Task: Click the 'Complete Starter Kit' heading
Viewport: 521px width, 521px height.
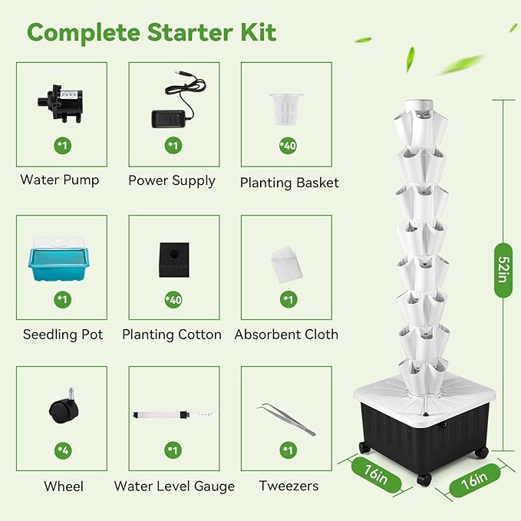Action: click(152, 32)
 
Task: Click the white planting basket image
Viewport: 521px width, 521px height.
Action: click(285, 107)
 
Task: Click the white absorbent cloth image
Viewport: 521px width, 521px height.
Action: click(286, 259)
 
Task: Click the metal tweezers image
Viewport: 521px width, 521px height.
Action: click(287, 418)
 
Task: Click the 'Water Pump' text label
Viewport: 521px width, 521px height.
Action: click(60, 180)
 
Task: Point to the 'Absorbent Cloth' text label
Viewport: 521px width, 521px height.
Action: click(286, 335)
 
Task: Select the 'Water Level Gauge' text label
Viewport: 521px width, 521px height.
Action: click(174, 486)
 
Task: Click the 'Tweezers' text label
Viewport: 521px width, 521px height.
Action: click(289, 486)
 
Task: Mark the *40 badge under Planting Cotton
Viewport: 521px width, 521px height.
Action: click(173, 299)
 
